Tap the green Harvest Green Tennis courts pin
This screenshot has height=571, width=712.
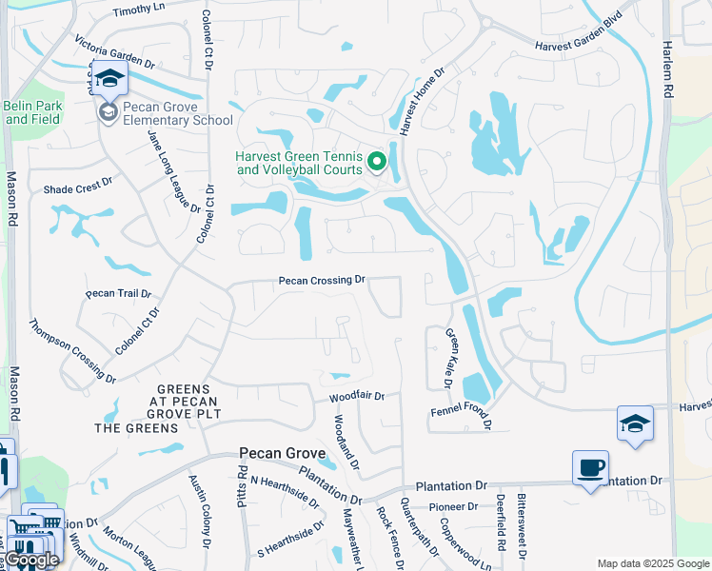(x=377, y=164)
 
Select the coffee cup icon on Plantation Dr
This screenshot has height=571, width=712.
(x=590, y=468)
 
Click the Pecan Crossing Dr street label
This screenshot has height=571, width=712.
(x=322, y=280)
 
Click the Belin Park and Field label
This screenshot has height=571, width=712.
(x=32, y=112)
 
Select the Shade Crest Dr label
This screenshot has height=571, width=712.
(x=78, y=189)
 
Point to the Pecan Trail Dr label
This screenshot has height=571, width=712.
(x=112, y=293)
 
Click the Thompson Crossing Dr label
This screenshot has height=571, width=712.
(x=72, y=350)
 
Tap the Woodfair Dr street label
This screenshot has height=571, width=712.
(x=357, y=396)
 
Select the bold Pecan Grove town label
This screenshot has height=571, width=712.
(x=283, y=454)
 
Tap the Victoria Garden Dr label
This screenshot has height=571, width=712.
(x=114, y=50)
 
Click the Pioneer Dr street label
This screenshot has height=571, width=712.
(x=452, y=506)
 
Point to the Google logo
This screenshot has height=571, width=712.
(x=30, y=560)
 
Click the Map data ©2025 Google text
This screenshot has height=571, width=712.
(x=652, y=563)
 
